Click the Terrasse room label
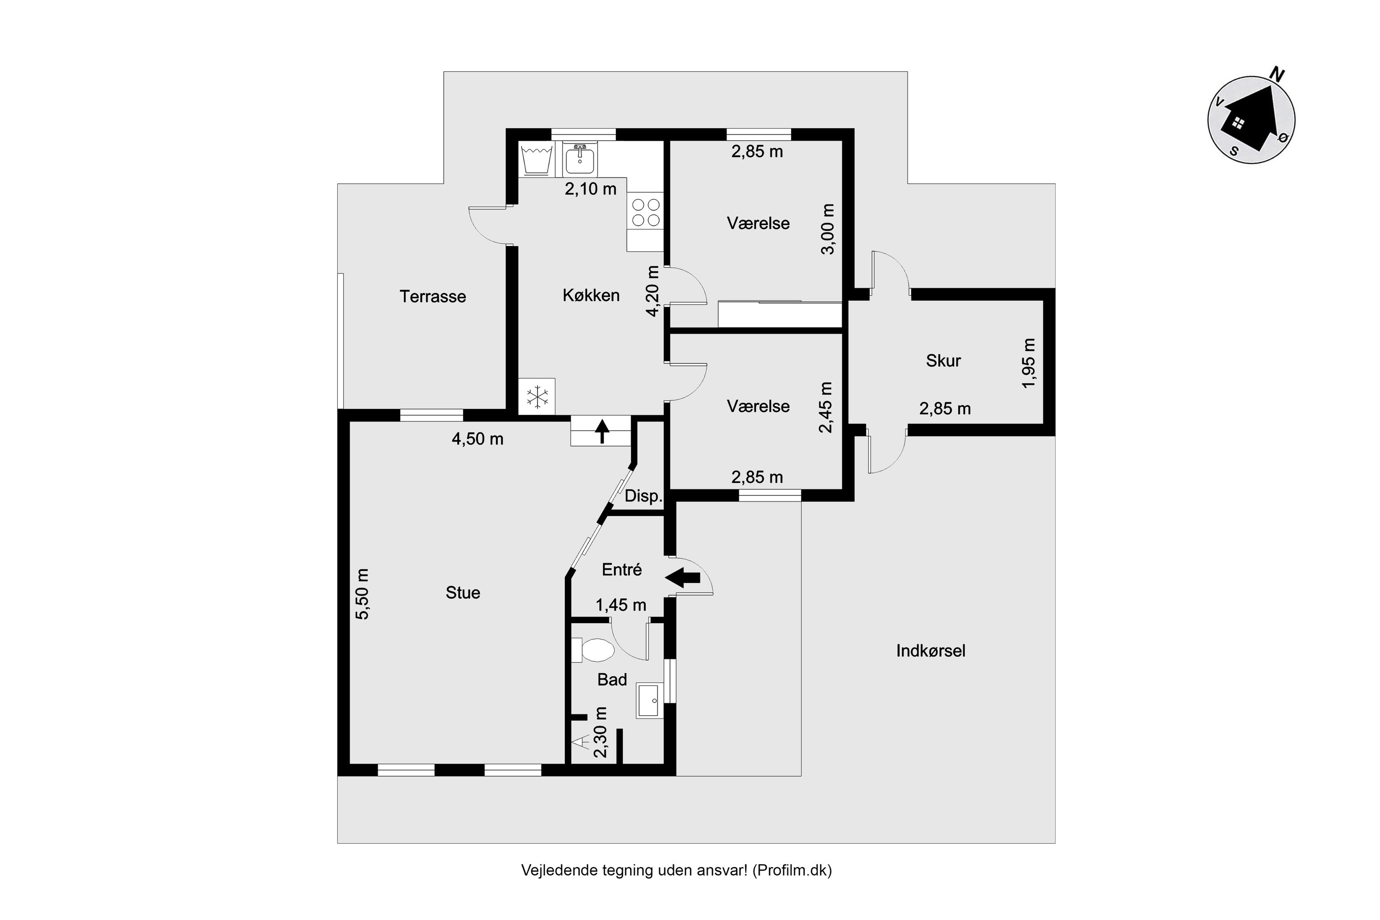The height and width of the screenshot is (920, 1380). [x=432, y=296]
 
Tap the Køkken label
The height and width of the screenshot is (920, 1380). [x=591, y=295]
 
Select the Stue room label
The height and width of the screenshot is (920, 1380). [x=463, y=592]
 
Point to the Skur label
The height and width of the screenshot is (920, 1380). [x=943, y=360]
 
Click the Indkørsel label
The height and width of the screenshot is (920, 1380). [x=931, y=651]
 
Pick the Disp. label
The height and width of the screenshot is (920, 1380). [x=643, y=496]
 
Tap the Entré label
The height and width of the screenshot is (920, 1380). [x=622, y=569]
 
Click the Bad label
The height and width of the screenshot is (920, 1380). [x=612, y=679]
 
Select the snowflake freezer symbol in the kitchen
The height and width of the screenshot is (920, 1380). [x=537, y=396]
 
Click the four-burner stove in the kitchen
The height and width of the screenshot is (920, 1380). [x=645, y=213]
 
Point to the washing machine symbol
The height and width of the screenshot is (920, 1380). [x=536, y=159]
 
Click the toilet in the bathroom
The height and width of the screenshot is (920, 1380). [x=592, y=650]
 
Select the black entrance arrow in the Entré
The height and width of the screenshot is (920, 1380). [x=682, y=577]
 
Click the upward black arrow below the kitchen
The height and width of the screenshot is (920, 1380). [x=602, y=431]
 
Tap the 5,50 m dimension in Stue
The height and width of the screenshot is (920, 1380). [x=362, y=594]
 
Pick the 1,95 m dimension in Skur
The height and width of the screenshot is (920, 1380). [x=1029, y=363]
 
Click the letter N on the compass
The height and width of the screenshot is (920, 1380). [x=1277, y=75]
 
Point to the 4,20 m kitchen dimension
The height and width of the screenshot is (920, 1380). [x=652, y=291]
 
